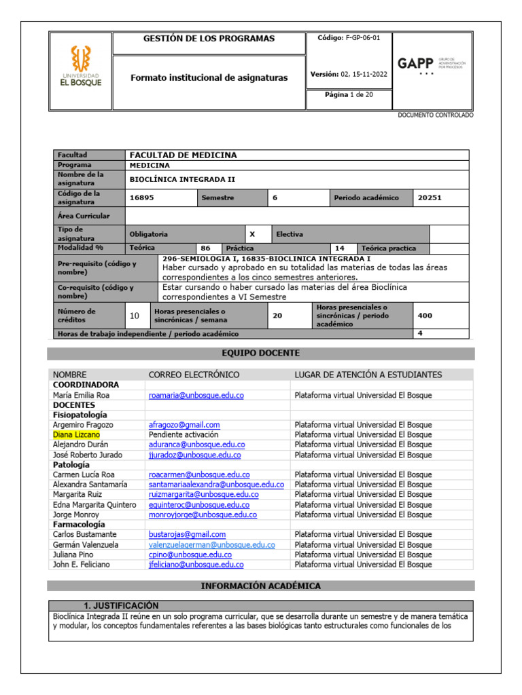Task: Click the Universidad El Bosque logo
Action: point(81,67)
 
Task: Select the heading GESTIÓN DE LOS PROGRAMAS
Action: point(209,39)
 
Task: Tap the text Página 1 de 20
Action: point(349,95)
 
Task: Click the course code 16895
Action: point(141,198)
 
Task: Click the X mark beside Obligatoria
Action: point(252,234)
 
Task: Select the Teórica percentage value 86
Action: point(205,248)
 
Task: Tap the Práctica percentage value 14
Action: point(340,248)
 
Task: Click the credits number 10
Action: point(134,316)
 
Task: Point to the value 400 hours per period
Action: point(425,316)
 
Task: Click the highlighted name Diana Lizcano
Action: point(76,434)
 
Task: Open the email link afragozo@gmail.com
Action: point(184,425)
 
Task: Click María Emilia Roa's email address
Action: point(196,395)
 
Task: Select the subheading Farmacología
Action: point(79,525)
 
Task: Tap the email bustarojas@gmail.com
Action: point(187,535)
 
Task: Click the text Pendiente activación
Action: point(184,434)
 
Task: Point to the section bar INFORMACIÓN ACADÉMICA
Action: point(260,586)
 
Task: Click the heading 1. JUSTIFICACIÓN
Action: point(120,605)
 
